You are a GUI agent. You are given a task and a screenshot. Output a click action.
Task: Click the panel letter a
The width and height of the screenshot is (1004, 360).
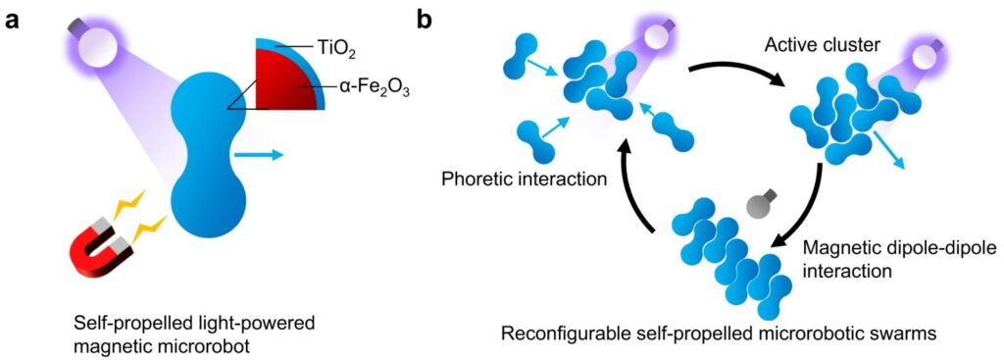pyautogui.click(x=11, y=21)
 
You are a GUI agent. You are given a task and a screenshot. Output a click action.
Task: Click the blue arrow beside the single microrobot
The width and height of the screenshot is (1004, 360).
pyautogui.click(x=260, y=154)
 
